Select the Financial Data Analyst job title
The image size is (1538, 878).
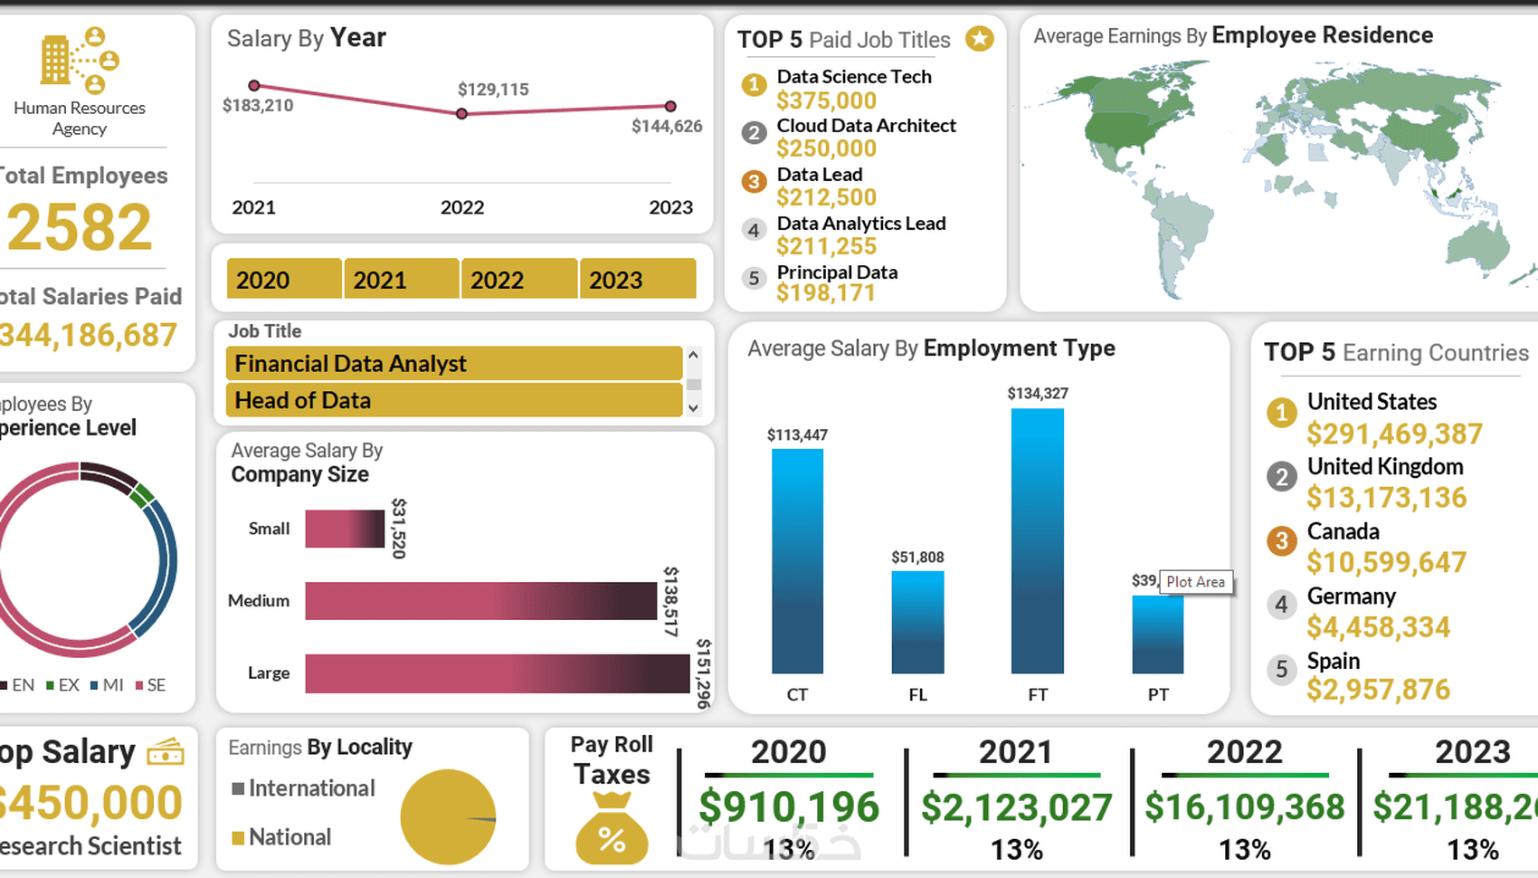pyautogui.click(x=453, y=363)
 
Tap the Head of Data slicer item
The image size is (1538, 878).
pyautogui.click(x=453, y=400)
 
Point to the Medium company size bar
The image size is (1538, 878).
pyautogui.click(x=480, y=601)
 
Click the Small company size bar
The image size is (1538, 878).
pyautogui.click(x=345, y=529)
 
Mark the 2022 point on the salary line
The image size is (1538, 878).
pyautogui.click(x=462, y=114)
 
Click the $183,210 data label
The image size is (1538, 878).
pyautogui.click(x=258, y=106)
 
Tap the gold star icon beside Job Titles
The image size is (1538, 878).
pyautogui.click(x=979, y=39)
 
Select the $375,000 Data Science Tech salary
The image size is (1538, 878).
pyautogui.click(x=826, y=100)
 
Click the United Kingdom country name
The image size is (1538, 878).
pyautogui.click(x=1384, y=467)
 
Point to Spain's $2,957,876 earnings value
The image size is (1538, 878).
pyautogui.click(x=1378, y=690)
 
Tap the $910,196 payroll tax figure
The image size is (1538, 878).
pyautogui.click(x=788, y=806)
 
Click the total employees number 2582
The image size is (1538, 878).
pyautogui.click(x=80, y=226)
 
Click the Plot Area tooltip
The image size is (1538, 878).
pyautogui.click(x=1195, y=582)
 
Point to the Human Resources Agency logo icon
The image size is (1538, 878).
pyautogui.click(x=80, y=60)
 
